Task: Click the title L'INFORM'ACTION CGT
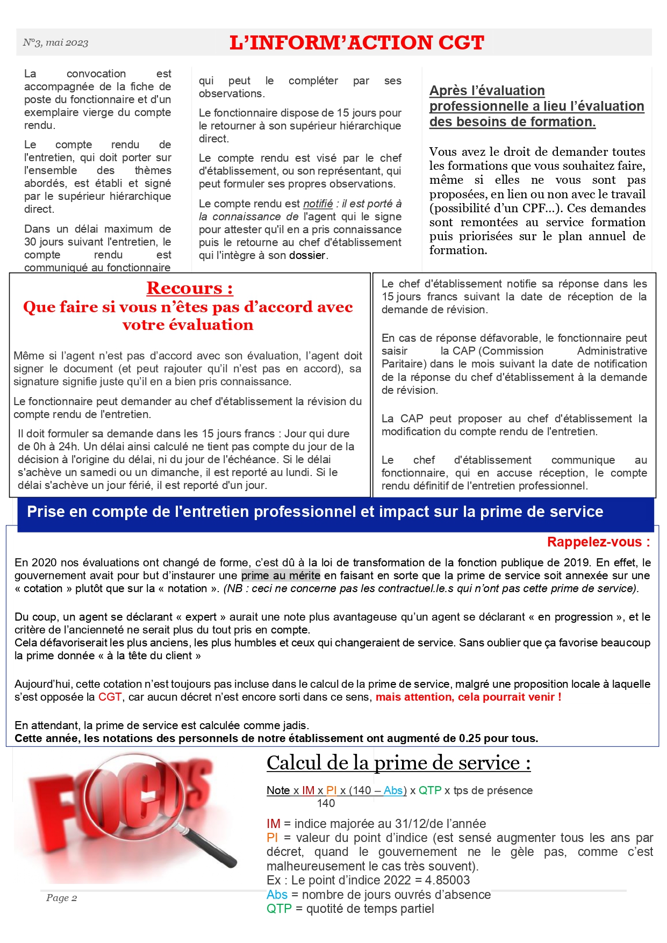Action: coord(356,43)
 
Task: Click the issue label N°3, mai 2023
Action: coord(55,43)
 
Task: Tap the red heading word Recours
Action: coord(189,288)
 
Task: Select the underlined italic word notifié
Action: coord(318,204)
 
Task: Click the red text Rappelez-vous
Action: coord(598,542)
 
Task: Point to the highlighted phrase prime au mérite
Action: coord(281,575)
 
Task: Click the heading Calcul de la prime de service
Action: coord(398,763)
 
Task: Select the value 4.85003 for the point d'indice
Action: coord(447,880)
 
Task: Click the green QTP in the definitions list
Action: coord(279,909)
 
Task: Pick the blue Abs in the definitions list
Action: coord(277,895)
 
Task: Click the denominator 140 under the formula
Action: coord(326,803)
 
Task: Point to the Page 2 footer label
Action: coord(61,898)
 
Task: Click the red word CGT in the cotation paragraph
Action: coord(110,697)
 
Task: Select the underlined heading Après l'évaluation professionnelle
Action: coord(536,106)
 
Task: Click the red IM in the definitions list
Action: coord(273,824)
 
